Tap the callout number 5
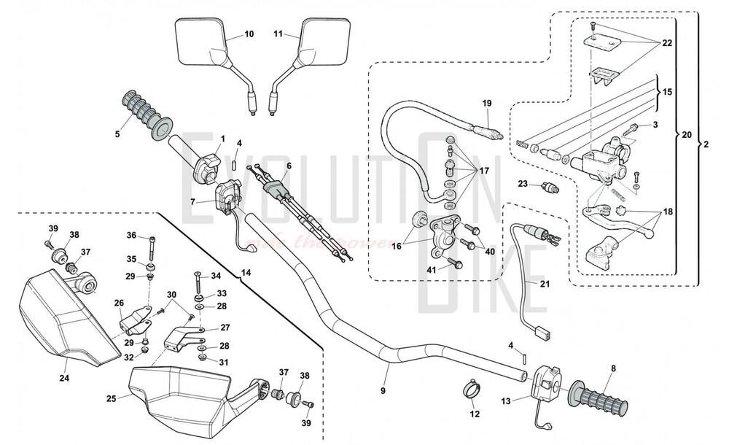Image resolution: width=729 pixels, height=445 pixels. (117, 133)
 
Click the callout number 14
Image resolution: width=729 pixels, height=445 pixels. (245, 272)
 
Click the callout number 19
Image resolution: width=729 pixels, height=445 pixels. (486, 104)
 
